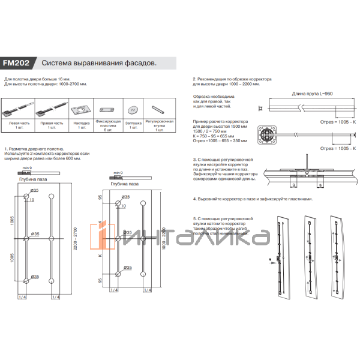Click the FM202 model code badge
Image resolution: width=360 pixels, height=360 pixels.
(19, 62)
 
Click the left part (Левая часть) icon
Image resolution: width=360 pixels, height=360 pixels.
(15, 110)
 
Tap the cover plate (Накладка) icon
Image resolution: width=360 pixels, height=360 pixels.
(81, 110)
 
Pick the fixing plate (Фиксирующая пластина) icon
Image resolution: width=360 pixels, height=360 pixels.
(108, 110)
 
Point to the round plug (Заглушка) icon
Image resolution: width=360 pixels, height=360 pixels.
(133, 110)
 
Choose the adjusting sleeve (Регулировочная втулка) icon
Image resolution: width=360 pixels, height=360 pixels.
(158, 110)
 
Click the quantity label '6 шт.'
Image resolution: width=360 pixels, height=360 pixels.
(108, 130)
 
